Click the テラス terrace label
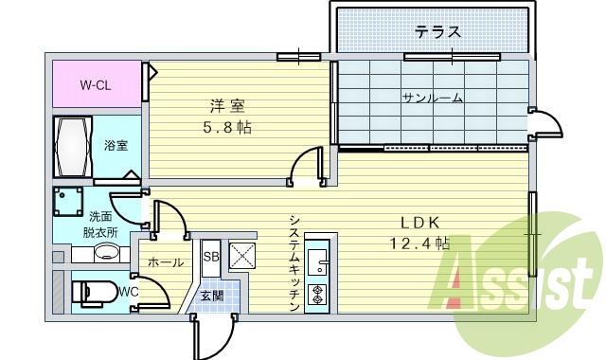coord(437,32)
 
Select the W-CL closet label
coord(95,84)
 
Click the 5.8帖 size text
coord(223,126)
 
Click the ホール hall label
coord(165,262)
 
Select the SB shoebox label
coord(210,256)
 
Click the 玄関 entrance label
coord(212,296)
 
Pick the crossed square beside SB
coord(241,256)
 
